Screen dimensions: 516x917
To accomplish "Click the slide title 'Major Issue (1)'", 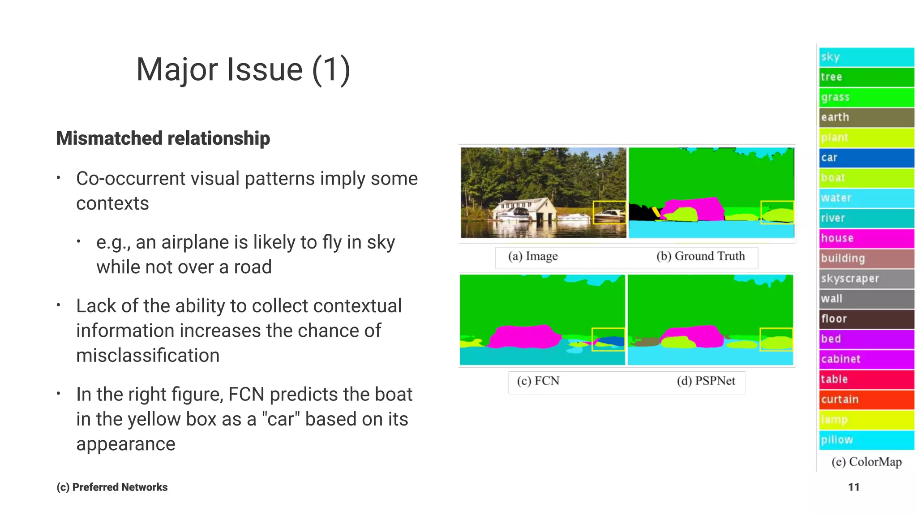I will tap(243, 69).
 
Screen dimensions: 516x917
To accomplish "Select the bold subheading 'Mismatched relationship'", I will tap(163, 138).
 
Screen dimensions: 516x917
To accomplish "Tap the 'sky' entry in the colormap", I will tap(866, 57).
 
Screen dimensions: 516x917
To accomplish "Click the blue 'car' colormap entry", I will tap(866, 158).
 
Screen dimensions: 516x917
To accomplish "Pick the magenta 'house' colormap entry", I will tap(866, 238).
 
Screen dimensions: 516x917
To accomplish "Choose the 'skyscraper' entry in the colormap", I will tap(866, 279).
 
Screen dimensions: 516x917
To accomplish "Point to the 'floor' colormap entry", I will tap(866, 319).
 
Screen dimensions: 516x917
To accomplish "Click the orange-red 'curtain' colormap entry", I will tap(866, 400).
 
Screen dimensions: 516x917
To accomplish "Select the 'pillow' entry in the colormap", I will tap(866, 440).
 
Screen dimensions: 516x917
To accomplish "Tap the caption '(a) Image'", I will tap(533, 256).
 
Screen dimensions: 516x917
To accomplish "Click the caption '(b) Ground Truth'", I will tap(701, 256).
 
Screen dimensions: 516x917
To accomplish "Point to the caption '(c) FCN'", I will tap(538, 381).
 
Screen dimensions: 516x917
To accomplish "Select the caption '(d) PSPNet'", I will tap(706, 381).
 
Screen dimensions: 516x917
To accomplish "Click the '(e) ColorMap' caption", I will tap(866, 462).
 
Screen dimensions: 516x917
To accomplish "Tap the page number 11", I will tap(853, 487).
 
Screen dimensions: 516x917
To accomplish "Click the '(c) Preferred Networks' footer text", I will tap(112, 487).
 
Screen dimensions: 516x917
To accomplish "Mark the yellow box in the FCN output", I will tap(608, 340).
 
